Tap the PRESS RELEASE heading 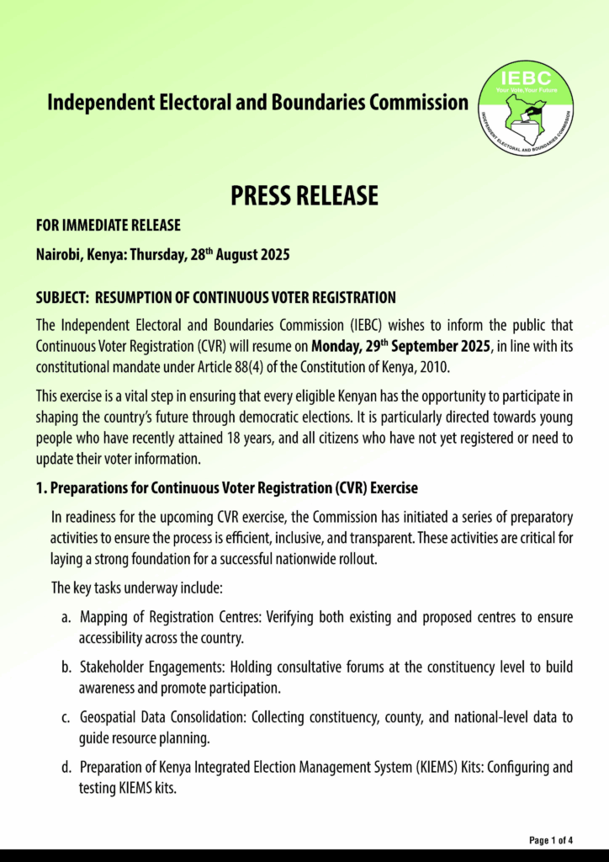(304, 195)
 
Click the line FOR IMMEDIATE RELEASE (109, 226)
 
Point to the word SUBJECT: (62, 298)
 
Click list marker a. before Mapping (66, 618)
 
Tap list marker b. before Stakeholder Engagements (66, 668)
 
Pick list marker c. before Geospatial (66, 717)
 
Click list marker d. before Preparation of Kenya (66, 767)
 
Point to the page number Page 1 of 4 (551, 840)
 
